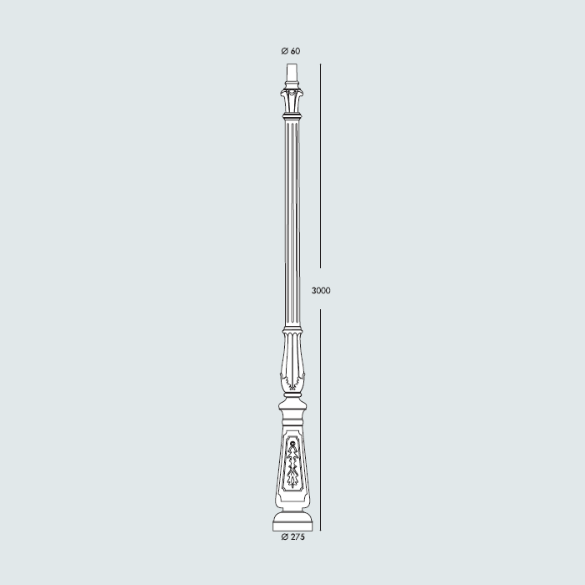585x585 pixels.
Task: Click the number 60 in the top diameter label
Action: point(296,52)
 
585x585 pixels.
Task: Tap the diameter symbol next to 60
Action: point(286,52)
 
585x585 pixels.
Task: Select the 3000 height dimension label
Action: point(321,291)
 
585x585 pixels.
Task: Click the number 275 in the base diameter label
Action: point(298,537)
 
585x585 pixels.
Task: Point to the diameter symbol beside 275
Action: point(284,537)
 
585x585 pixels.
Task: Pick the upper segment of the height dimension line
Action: point(321,167)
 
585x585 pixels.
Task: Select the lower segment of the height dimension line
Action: point(321,418)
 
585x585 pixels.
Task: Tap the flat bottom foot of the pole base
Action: point(293,524)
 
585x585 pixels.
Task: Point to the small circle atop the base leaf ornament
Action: point(292,442)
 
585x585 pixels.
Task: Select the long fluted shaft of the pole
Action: point(292,226)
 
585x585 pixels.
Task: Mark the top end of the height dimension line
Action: point(321,64)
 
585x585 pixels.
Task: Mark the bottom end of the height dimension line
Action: point(321,529)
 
